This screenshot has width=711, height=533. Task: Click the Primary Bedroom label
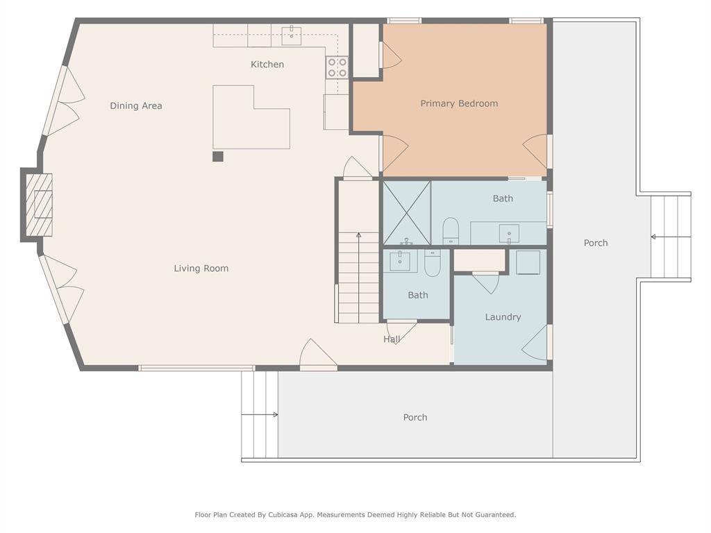459,104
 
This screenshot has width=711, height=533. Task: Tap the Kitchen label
267,65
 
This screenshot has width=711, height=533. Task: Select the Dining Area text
135,105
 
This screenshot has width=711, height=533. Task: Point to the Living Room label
201,269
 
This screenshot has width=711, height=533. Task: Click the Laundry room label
503,317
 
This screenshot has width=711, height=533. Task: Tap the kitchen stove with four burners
337,67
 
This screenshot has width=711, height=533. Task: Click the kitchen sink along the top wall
291,35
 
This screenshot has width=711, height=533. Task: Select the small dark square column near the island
218,156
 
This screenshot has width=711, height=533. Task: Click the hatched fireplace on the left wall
39,205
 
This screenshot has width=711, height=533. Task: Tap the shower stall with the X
407,212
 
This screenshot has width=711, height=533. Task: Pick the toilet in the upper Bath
451,231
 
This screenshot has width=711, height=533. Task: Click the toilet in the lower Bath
432,263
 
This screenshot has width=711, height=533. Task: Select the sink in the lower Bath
400,262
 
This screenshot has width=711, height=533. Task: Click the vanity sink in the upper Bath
509,234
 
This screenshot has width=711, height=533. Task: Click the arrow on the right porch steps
671,237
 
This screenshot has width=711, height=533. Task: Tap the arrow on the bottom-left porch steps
260,415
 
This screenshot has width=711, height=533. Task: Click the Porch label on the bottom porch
415,417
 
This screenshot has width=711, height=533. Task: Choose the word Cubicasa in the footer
283,515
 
